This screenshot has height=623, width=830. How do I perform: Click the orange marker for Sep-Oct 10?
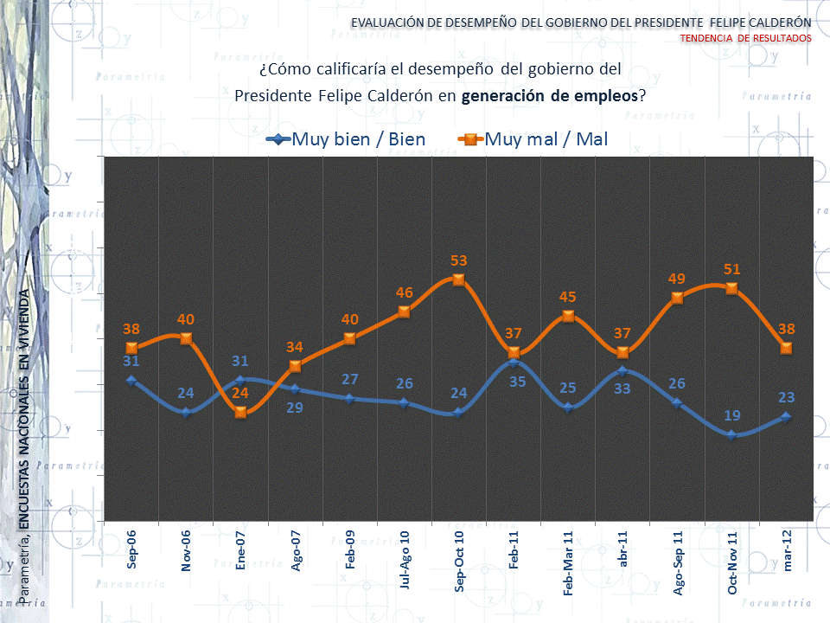click(459, 279)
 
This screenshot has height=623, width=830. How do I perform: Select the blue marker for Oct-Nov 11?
click(731, 434)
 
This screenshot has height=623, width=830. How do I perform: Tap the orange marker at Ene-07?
click(240, 412)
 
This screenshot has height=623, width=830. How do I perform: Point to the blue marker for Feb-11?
click(514, 362)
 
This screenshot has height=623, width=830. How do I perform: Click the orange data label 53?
click(459, 260)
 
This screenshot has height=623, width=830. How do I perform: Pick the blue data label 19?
click(731, 415)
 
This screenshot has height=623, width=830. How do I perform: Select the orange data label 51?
click(731, 269)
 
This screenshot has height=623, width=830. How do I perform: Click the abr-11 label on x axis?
click(623, 549)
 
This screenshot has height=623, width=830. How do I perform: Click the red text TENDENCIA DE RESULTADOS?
click(745, 39)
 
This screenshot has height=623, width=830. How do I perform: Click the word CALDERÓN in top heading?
click(782, 22)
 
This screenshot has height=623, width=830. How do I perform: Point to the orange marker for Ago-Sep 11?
click(677, 298)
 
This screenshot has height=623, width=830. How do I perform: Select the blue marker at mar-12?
click(786, 416)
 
